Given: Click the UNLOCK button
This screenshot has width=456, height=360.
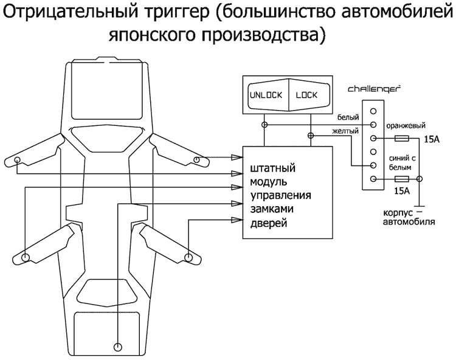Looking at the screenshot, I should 266,95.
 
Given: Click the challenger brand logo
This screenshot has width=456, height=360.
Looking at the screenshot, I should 374,89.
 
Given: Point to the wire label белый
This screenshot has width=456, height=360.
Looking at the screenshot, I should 347,117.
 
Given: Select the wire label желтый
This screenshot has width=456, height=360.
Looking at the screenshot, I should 345,130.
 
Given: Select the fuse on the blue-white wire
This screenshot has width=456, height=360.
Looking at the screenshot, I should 401,179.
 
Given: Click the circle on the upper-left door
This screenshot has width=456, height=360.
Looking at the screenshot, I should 18,161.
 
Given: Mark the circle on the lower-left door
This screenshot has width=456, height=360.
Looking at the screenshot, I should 26,257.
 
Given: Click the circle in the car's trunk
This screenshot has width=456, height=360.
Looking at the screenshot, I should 117,347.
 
